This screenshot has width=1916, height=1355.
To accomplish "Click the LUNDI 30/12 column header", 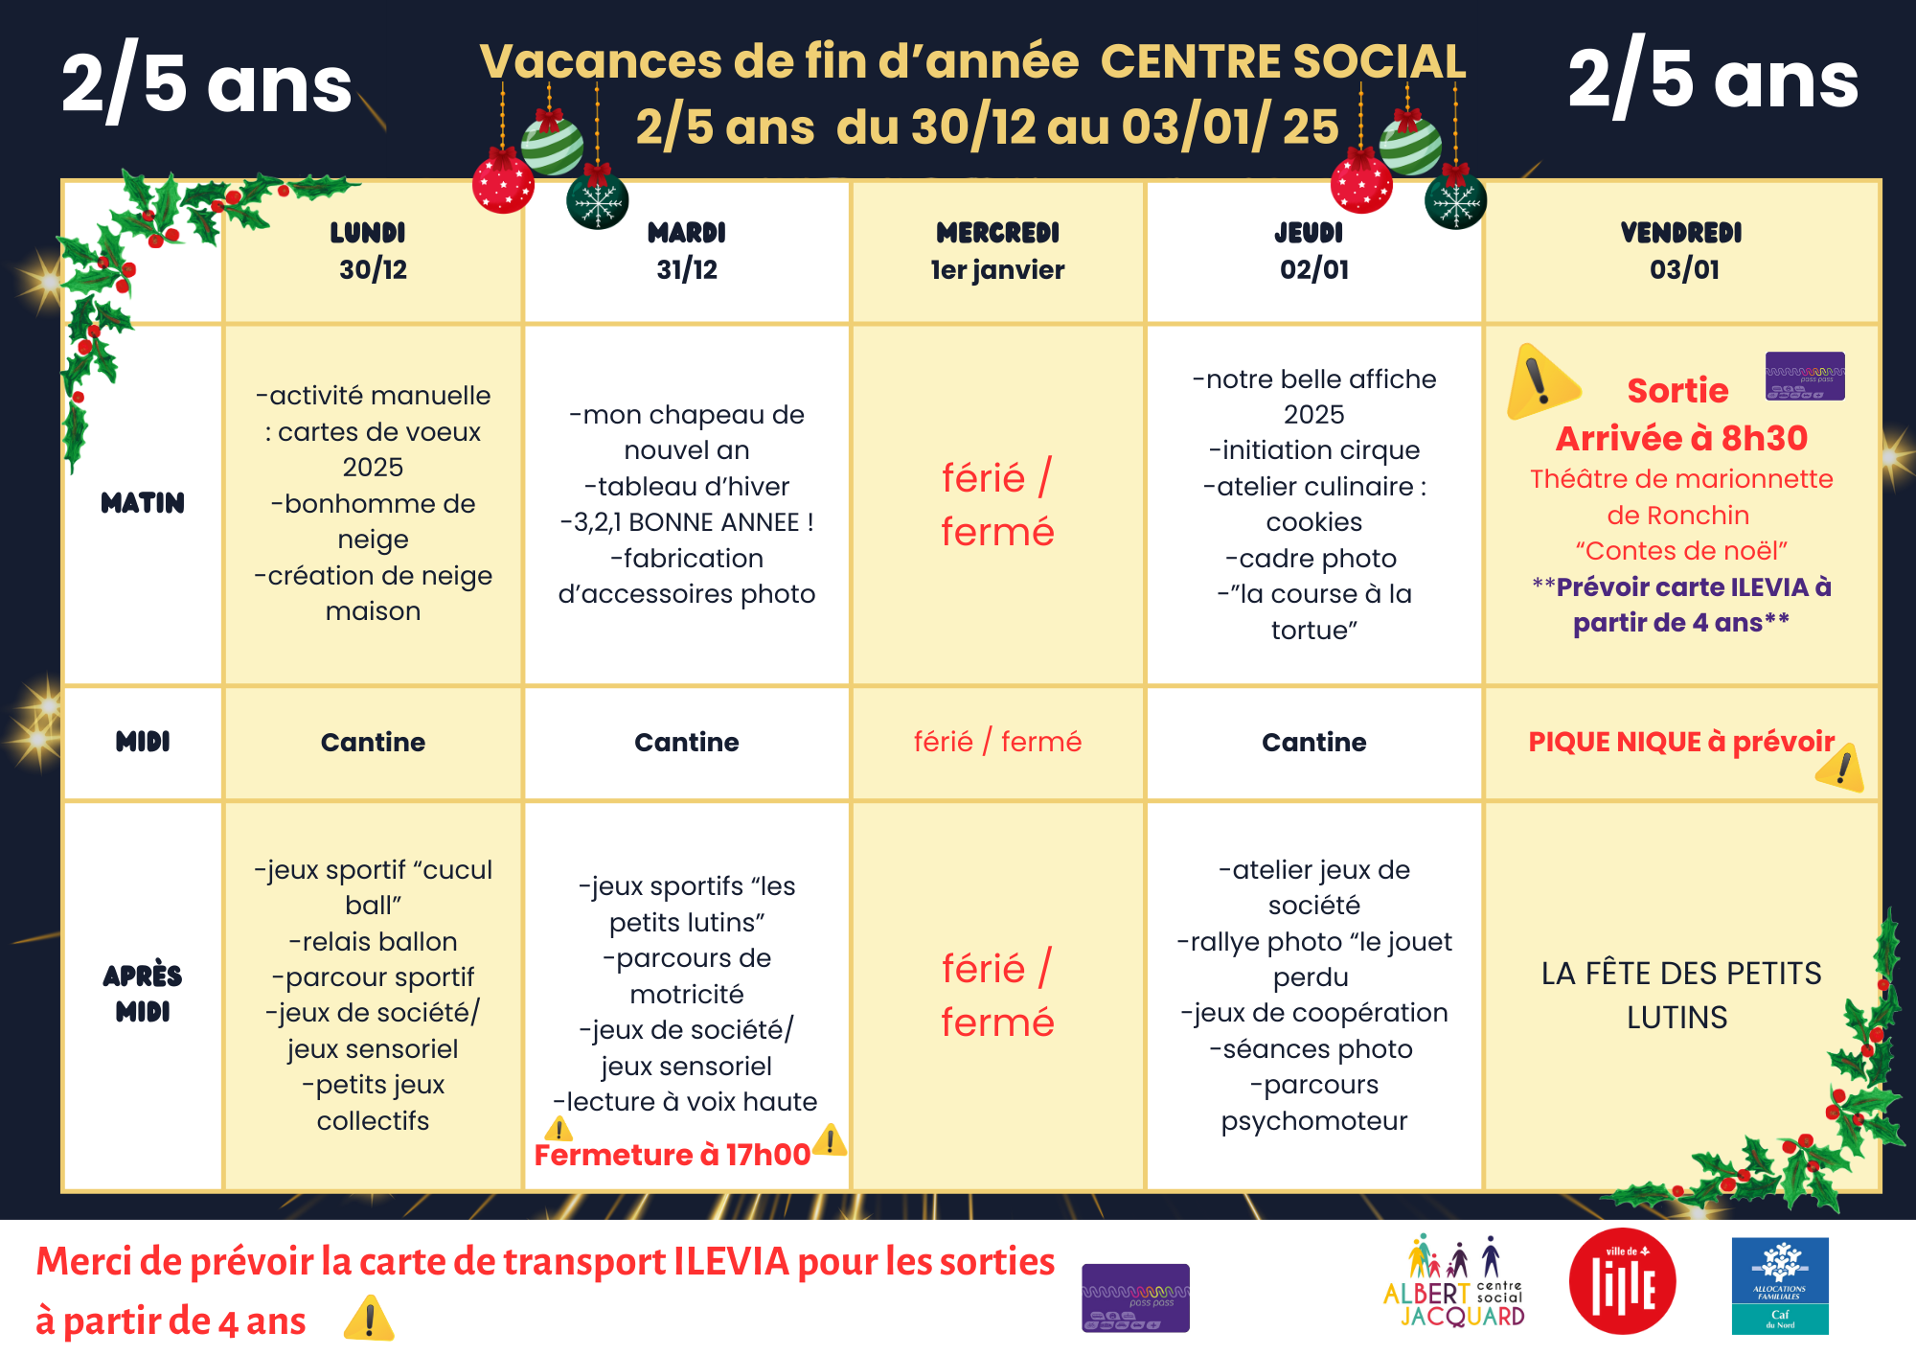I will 372,251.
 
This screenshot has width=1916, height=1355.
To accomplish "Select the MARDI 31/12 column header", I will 686,251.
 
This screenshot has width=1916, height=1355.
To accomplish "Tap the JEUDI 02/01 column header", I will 1312,251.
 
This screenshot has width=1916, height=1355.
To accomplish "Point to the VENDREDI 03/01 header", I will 1682,251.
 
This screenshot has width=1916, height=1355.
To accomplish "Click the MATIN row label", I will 143,503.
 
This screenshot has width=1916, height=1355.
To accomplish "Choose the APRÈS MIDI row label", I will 143,993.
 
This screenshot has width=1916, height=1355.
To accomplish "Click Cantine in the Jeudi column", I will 1313,742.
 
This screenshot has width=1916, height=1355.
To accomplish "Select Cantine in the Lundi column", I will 373,742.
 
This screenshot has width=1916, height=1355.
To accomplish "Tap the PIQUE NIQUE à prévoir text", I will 1680,742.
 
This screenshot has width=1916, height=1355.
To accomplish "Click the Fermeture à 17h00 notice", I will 672,1155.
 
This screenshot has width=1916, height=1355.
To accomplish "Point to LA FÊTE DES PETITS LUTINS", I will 1680,995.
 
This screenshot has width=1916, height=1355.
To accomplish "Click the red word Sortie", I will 1677,391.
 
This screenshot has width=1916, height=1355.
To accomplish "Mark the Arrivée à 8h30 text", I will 1681,438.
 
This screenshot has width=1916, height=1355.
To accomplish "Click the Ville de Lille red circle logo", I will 1622,1281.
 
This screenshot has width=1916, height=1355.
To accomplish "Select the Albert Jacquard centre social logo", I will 1455,1283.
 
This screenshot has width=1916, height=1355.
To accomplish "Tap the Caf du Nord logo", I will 1779,1285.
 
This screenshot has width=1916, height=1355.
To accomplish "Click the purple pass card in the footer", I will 1135,1298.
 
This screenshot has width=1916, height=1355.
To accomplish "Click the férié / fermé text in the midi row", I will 997,742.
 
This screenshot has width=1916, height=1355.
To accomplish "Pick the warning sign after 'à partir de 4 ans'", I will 369,1319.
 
